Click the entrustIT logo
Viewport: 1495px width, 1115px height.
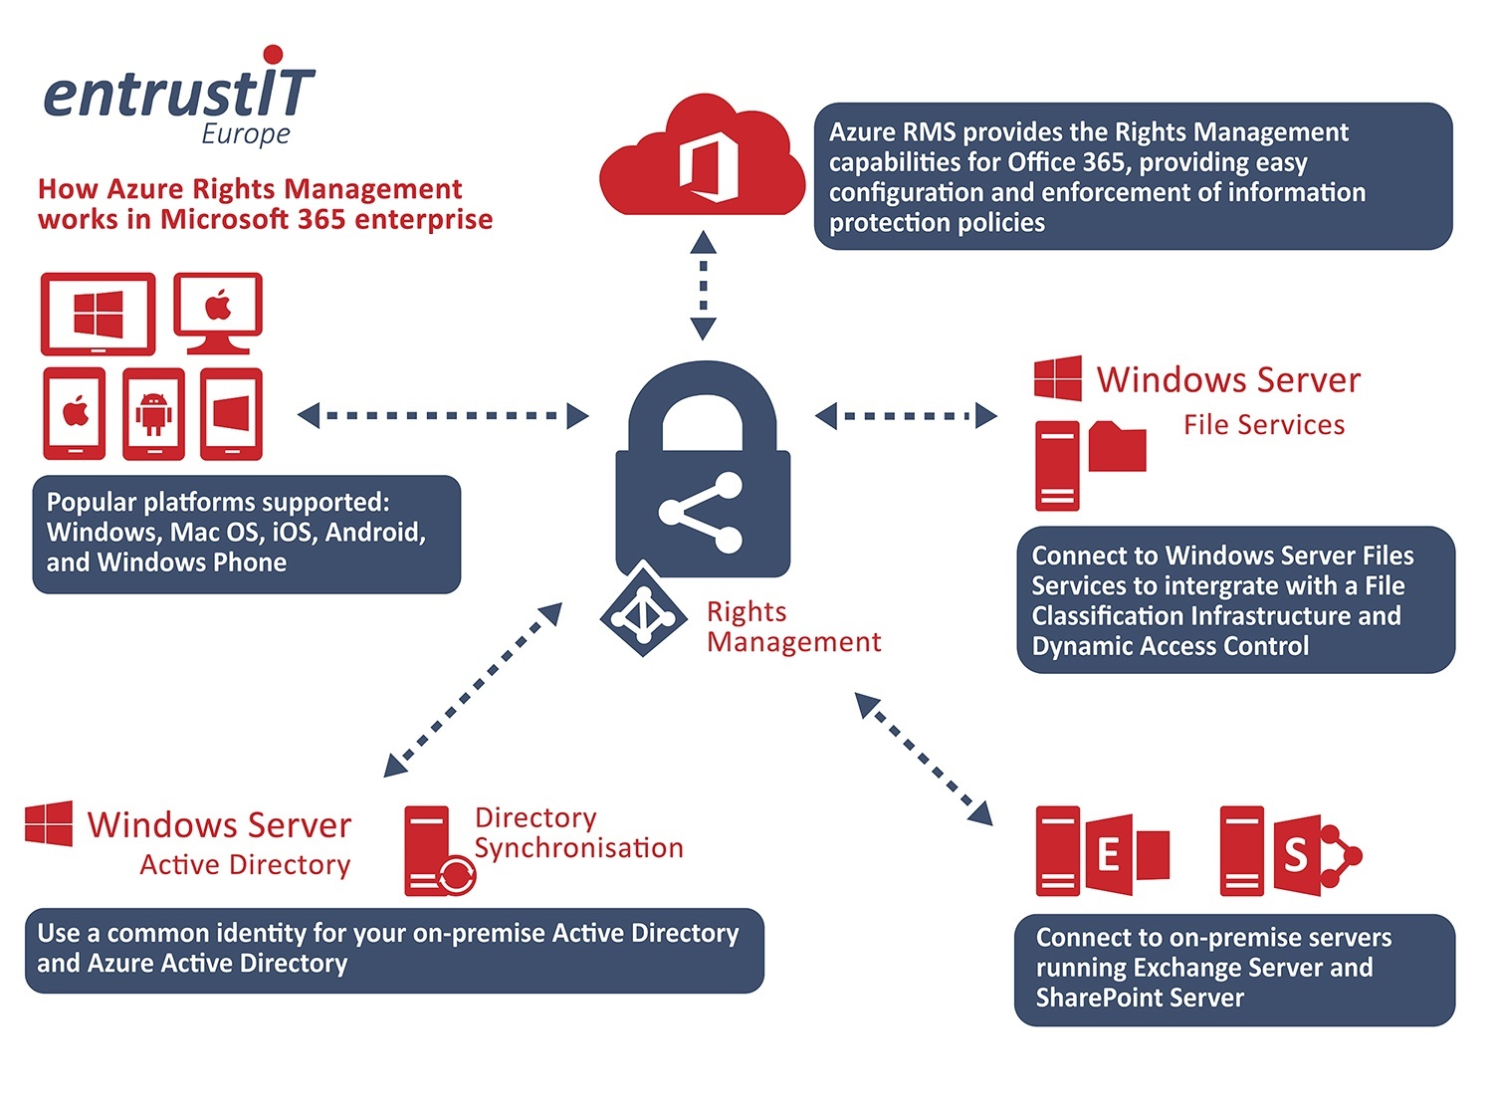[179, 96]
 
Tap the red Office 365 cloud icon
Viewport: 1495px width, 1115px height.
[702, 155]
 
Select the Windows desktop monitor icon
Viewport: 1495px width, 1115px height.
[99, 314]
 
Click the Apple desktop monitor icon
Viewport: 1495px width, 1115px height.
[218, 314]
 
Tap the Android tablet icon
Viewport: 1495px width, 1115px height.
[154, 414]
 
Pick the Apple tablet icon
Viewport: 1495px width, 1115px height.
[75, 414]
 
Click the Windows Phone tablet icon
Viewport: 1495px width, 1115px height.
[232, 414]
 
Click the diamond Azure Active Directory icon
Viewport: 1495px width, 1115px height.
[643, 609]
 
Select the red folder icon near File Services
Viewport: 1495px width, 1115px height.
[1117, 446]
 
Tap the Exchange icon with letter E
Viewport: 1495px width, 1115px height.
[1126, 853]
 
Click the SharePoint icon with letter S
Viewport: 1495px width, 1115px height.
[1317, 853]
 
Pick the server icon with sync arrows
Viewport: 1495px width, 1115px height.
[440, 851]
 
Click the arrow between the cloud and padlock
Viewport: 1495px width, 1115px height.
[703, 286]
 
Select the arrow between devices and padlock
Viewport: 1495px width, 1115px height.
[443, 415]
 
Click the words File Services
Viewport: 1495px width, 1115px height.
[1264, 425]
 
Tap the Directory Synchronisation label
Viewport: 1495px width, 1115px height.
[579, 833]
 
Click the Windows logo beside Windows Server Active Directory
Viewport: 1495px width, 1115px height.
[49, 823]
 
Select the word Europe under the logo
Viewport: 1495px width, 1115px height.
[246, 134]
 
